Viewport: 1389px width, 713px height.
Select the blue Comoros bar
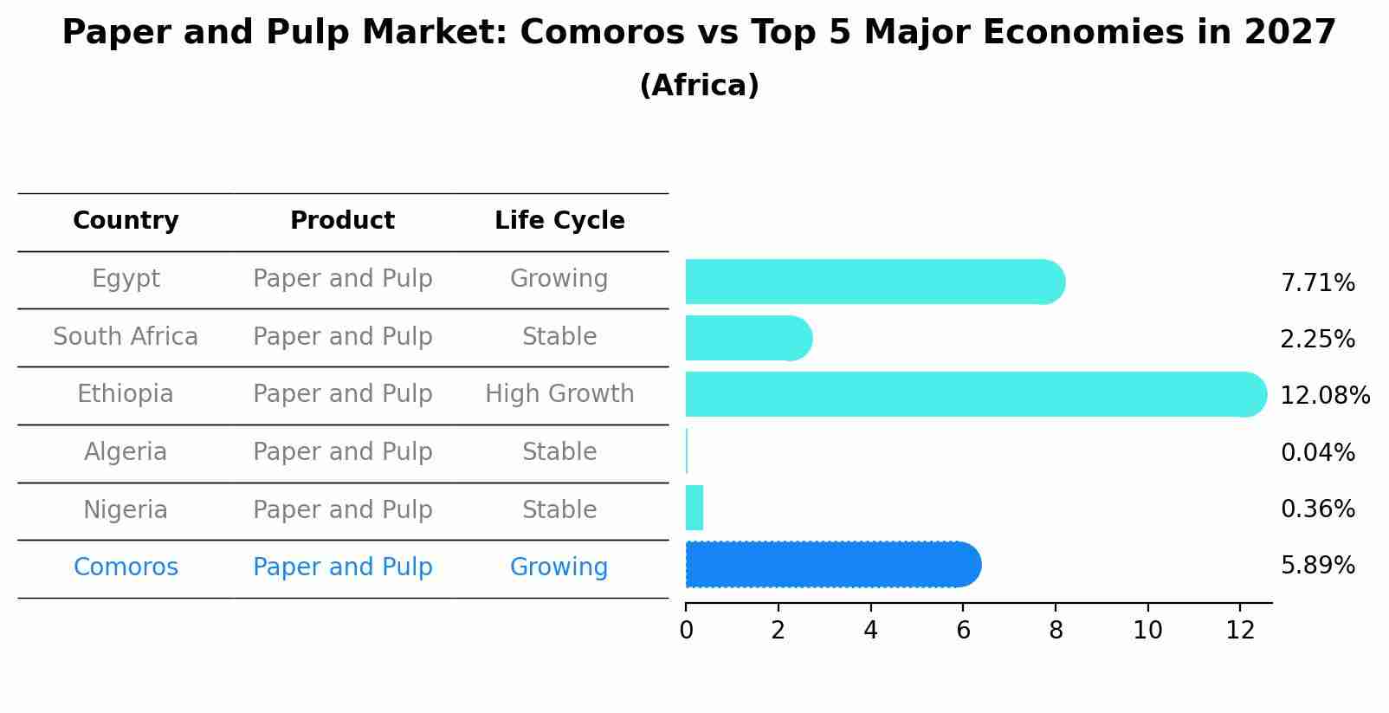pyautogui.click(x=831, y=565)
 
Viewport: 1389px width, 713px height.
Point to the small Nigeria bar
pyautogui.click(x=694, y=508)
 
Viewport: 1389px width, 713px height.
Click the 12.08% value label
pyautogui.click(x=1324, y=396)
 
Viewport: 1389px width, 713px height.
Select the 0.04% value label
pyautogui.click(x=1317, y=452)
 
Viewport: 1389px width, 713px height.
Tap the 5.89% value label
pyautogui.click(x=1317, y=566)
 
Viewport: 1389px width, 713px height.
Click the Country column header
pyautogui.click(x=126, y=221)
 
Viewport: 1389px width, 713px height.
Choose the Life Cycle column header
pyautogui.click(x=559, y=221)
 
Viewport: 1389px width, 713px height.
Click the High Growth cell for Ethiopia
pyautogui.click(x=559, y=394)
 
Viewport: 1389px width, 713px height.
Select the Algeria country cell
pyautogui.click(x=126, y=452)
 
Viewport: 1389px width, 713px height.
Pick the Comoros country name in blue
pyautogui.click(x=126, y=567)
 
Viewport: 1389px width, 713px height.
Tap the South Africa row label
pyautogui.click(x=126, y=337)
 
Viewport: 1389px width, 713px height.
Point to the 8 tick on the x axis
pyautogui.click(x=1055, y=631)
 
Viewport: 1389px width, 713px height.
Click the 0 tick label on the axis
pyautogui.click(x=686, y=631)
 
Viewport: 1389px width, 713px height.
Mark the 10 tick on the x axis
pyautogui.click(x=1147, y=631)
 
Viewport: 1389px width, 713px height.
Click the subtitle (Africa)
pyautogui.click(x=699, y=86)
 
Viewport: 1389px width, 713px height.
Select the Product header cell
pyautogui.click(x=342, y=221)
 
